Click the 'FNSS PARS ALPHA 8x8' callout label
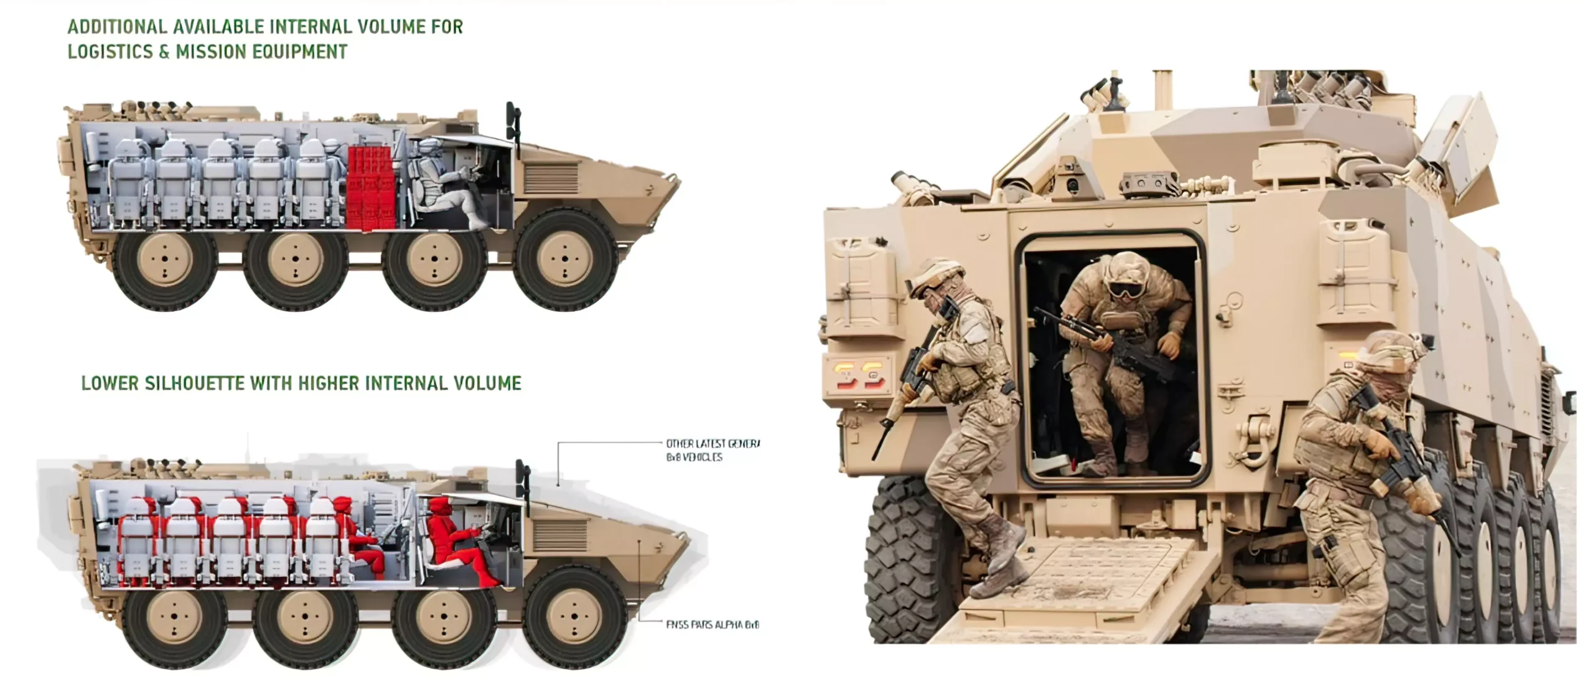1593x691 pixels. pyautogui.click(x=712, y=624)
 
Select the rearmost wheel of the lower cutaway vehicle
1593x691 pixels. pyautogui.click(x=174, y=616)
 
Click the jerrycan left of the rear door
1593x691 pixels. pyautogui.click(x=862, y=286)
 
